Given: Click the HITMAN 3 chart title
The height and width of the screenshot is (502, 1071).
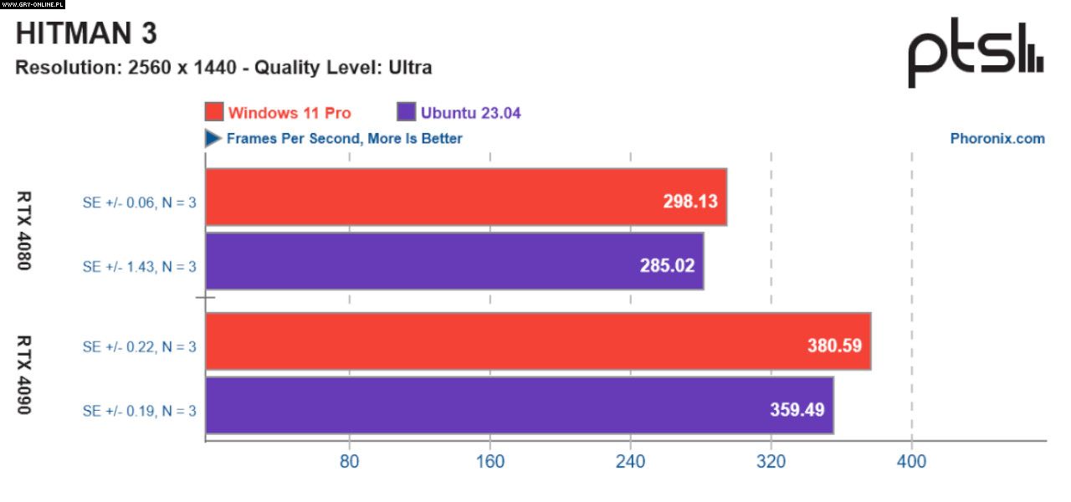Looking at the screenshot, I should click(87, 33).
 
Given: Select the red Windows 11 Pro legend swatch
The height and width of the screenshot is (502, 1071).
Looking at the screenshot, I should click(214, 112).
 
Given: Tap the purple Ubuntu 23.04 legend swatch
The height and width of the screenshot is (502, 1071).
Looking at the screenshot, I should click(407, 112).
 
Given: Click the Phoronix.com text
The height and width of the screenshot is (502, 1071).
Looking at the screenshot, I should click(997, 139).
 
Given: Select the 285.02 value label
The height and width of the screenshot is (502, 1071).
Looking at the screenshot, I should click(666, 266).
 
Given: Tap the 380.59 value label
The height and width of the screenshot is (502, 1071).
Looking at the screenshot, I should click(834, 345).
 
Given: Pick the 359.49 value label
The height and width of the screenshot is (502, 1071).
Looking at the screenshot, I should click(797, 410).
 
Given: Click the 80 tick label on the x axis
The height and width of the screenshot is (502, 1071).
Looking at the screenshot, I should click(350, 461).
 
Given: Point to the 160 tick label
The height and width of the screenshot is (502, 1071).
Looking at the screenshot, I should click(490, 461).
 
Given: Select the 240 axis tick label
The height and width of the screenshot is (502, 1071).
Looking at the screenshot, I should click(631, 461).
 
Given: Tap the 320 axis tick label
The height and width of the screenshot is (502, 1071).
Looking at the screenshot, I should click(771, 461).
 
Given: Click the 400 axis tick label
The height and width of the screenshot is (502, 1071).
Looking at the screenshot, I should click(912, 461).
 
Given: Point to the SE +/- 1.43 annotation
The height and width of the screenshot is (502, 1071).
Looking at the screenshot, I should click(139, 267).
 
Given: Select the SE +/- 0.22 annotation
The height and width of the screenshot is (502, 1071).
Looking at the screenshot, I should click(139, 346).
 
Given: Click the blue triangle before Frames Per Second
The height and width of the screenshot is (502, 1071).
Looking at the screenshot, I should click(213, 138).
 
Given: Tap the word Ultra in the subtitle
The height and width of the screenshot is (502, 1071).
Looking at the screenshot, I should click(410, 68).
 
